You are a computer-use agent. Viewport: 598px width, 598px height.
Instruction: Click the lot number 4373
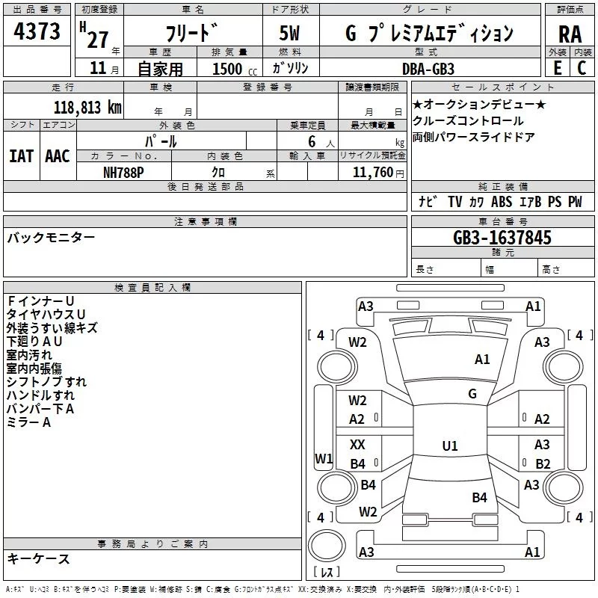tap(37, 32)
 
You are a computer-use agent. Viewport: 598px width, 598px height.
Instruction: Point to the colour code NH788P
tap(124, 172)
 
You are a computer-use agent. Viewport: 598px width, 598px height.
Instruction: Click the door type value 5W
tap(290, 34)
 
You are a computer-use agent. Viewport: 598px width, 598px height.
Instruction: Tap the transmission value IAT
tap(21, 155)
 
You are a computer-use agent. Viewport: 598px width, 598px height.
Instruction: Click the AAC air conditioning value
tap(58, 155)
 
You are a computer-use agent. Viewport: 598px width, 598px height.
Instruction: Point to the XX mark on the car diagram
tap(357, 445)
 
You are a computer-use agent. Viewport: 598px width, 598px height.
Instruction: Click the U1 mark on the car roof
tap(449, 446)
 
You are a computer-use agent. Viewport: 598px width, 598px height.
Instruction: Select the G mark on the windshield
tap(472, 394)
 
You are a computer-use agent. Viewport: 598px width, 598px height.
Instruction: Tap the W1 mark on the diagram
tap(323, 457)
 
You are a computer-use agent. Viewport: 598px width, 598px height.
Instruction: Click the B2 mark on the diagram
tap(543, 464)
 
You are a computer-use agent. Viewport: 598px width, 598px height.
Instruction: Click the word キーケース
tap(39, 559)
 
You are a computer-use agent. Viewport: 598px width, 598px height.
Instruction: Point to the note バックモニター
tap(51, 238)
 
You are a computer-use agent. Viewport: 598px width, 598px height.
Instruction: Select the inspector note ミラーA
tap(28, 422)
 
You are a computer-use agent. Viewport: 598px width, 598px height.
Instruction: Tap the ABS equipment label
tap(502, 202)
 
